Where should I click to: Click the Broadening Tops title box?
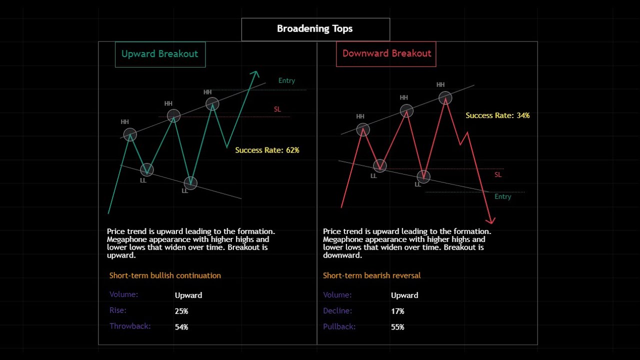315,29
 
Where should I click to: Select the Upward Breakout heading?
160,54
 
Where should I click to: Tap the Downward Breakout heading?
386,53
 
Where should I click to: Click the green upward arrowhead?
255,74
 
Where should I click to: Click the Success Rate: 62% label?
267,150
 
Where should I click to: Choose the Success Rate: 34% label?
497,115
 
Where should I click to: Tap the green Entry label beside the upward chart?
286,80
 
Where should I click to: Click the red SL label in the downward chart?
498,174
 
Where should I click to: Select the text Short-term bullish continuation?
165,275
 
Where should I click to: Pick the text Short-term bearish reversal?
371,275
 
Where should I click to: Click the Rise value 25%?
181,311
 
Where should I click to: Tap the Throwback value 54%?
181,327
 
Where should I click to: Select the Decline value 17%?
397,311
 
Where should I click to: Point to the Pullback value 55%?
397,327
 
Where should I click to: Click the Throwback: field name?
130,326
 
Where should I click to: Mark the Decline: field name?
337,310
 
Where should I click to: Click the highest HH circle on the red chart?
445,97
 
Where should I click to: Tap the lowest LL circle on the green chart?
190,183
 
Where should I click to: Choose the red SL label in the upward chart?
277,109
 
